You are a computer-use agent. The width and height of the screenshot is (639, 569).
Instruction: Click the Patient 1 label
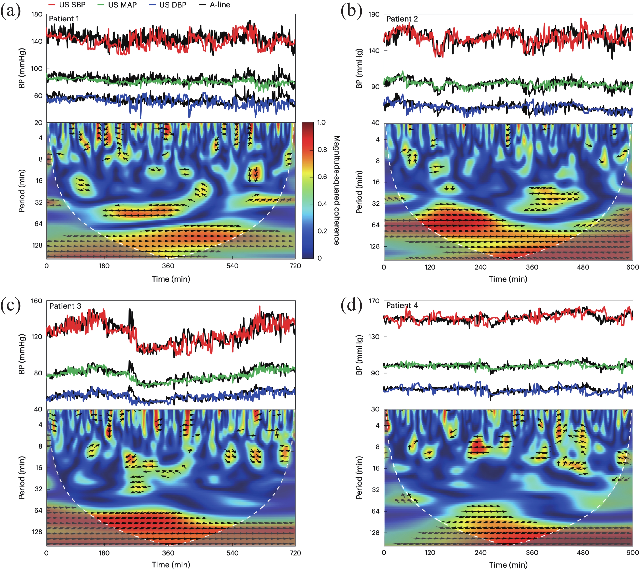pos(64,19)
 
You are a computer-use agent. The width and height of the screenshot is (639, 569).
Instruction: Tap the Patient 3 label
pos(65,306)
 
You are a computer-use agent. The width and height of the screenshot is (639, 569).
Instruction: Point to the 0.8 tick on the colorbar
pos(322,150)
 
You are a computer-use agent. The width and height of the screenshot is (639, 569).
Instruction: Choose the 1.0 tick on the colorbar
pos(321,122)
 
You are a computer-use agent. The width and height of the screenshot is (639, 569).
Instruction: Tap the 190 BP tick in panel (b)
pos(374,14)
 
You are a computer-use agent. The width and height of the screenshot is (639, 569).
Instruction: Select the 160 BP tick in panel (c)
pos(36,301)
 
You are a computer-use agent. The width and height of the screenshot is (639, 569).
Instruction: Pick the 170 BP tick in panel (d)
pos(374,301)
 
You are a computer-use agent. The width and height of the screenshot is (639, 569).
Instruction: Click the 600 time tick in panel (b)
pos(632,267)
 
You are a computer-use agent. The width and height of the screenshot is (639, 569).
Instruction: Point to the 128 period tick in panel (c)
pos(37,532)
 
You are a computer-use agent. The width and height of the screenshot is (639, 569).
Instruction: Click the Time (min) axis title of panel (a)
pos(171,279)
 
